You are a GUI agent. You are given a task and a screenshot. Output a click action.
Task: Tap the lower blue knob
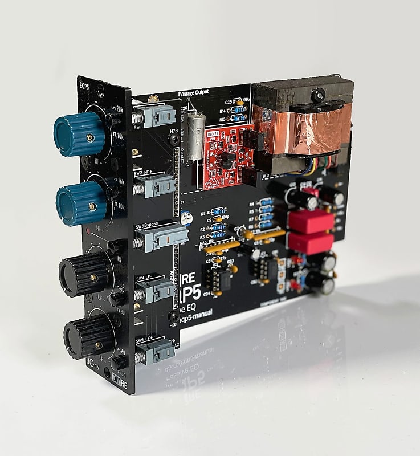tap(81, 202)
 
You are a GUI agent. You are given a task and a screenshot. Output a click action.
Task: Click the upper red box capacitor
tap(309, 221)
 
